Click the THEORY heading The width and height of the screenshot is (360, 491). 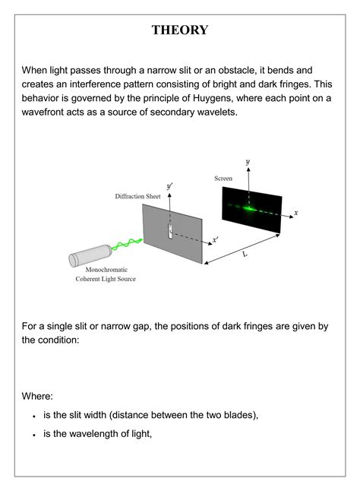pos(179,30)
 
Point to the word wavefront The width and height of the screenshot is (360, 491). pos(49,111)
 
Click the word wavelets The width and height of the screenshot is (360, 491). pos(216,111)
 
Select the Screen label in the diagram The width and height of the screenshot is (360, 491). pos(223,179)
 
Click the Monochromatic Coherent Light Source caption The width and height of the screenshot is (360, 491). pos(106,274)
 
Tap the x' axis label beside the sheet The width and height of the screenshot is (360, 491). pos(216,239)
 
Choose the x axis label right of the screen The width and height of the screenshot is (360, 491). pos(295,213)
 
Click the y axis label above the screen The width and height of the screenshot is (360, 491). pos(248,162)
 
